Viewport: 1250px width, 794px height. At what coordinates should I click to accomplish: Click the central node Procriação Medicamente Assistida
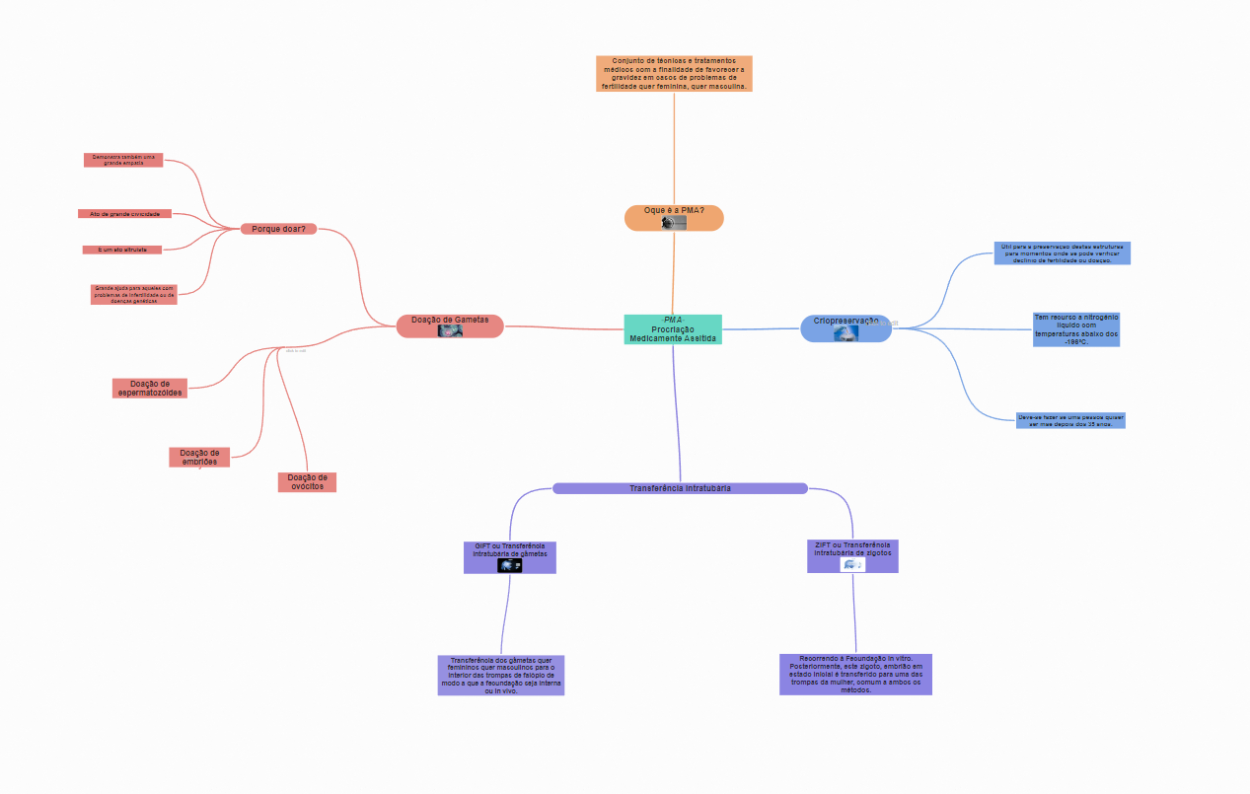tap(673, 329)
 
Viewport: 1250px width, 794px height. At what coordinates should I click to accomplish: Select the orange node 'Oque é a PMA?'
tap(674, 211)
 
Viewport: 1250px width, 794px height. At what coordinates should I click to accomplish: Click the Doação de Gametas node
tap(450, 321)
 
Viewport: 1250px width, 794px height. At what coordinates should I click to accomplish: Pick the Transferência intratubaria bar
tap(680, 488)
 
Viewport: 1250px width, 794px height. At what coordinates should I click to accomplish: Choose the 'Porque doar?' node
tap(278, 229)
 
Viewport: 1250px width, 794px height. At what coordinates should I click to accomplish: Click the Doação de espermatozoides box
tap(149, 388)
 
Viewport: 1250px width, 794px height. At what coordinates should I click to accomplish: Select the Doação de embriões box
tap(199, 457)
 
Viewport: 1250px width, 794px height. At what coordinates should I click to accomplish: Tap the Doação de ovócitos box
tap(307, 481)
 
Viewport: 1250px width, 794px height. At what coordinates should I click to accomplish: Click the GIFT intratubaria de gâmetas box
tap(510, 550)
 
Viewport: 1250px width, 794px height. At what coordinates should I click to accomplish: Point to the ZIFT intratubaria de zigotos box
tap(852, 549)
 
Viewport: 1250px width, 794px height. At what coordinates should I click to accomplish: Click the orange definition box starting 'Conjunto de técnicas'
tap(674, 74)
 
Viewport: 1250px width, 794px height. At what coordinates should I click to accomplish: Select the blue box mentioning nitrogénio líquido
tap(1076, 329)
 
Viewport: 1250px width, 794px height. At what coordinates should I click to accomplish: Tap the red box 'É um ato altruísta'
tap(122, 250)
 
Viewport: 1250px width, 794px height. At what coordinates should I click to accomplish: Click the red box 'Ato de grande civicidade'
tap(124, 214)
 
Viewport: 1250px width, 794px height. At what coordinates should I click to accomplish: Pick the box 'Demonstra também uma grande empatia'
tap(123, 160)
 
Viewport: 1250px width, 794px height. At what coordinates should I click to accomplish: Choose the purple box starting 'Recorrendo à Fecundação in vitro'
tap(855, 674)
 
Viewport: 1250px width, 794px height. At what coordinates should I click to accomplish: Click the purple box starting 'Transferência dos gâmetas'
tap(501, 675)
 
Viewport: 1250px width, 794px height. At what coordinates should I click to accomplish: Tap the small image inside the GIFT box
tap(510, 565)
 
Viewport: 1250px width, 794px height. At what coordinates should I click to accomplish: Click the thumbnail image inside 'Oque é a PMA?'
tap(674, 223)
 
